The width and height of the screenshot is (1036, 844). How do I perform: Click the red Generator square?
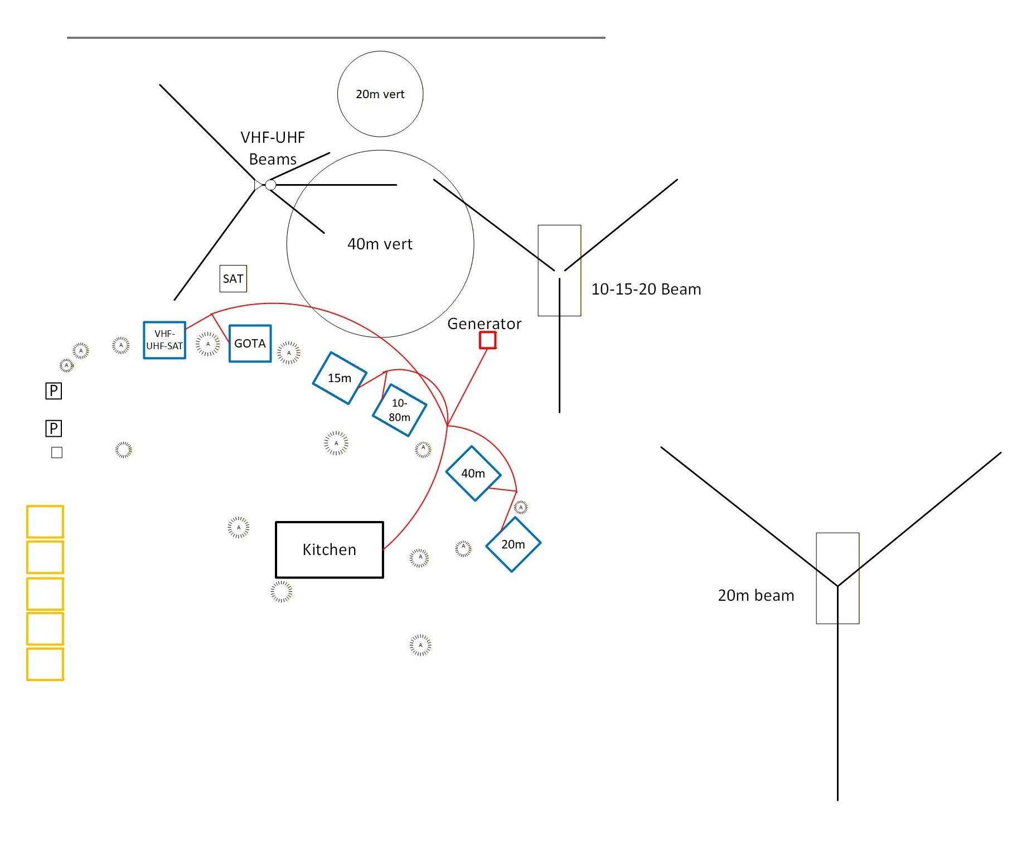(x=488, y=340)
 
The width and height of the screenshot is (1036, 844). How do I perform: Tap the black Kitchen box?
(x=329, y=549)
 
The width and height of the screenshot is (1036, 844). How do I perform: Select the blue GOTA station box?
(x=250, y=344)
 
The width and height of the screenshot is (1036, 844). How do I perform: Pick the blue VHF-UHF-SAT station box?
(x=164, y=340)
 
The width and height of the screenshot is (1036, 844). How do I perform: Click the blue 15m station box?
(x=339, y=378)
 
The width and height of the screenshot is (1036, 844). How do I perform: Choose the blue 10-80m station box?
(x=399, y=410)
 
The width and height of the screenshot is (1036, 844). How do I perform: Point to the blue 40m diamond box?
(x=473, y=474)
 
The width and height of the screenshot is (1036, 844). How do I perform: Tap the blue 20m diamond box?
(x=513, y=544)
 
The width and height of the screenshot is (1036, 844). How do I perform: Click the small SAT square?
(x=233, y=279)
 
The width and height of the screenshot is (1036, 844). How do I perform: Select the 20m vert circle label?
(x=380, y=94)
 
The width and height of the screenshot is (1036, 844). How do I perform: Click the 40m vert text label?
(x=380, y=244)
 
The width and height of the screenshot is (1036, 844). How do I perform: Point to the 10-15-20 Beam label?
(x=646, y=290)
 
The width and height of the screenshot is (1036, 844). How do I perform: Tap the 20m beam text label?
(x=756, y=596)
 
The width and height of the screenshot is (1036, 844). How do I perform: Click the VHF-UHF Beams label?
(x=273, y=148)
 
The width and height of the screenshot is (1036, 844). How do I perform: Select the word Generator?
(x=484, y=324)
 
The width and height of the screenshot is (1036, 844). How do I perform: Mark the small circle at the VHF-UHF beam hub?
(x=270, y=185)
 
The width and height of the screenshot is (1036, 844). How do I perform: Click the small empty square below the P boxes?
(x=57, y=452)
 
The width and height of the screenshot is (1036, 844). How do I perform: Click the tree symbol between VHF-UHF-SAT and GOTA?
(x=208, y=344)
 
